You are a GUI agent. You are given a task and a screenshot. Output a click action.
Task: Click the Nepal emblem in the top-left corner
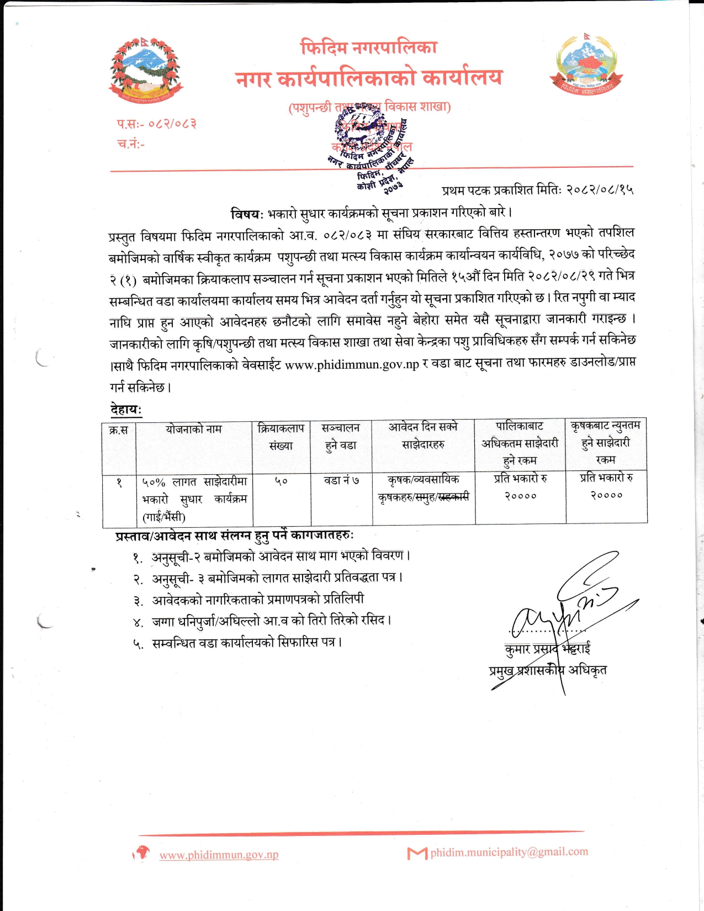coord(145,71)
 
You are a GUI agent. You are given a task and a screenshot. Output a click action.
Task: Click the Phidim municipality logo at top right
coord(586,65)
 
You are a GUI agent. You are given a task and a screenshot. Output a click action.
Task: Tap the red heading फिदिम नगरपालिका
coord(369,47)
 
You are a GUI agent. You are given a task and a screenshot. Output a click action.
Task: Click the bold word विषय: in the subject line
coord(247,213)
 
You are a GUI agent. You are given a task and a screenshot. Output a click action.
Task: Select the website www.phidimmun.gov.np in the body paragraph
coord(352,365)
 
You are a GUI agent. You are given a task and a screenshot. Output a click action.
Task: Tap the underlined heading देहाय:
coord(126,410)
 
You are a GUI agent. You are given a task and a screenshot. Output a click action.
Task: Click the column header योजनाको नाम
coord(193,429)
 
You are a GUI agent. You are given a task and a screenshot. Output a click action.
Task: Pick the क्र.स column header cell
coord(119,430)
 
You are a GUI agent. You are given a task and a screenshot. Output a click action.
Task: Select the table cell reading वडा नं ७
coord(341,481)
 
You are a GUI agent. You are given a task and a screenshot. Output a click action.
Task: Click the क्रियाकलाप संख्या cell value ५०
coord(281,481)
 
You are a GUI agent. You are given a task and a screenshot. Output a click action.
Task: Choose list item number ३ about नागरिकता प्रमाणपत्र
coord(257,600)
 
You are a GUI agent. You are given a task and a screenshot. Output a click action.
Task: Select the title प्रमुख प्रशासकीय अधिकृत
coord(548,670)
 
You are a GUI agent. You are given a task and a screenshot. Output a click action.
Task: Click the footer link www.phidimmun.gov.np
coord(219,855)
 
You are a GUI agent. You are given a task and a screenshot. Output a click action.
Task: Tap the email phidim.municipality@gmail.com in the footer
coord(509,852)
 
